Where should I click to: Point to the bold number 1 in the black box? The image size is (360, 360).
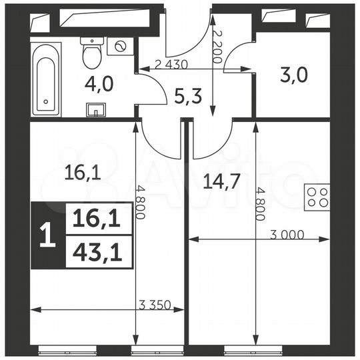47,237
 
